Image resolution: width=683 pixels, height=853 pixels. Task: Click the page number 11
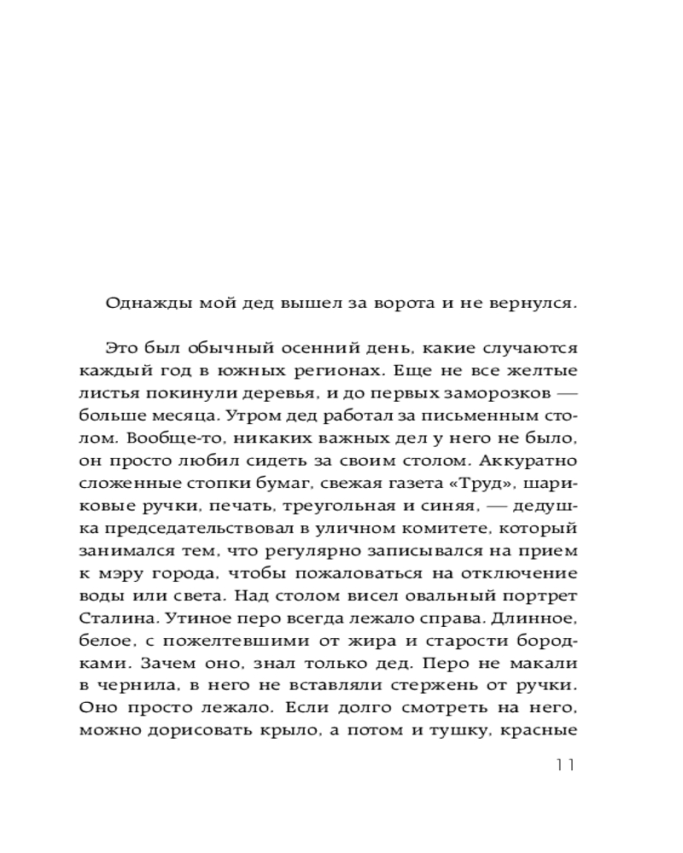[x=564, y=763]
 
